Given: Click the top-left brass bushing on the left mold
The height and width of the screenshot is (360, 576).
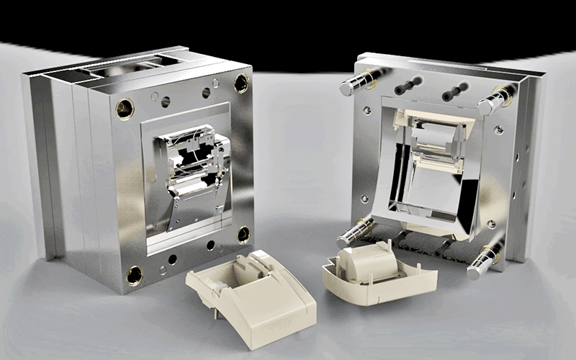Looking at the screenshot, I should coord(125,109).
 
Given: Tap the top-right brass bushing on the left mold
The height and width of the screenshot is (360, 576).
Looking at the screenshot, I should coord(240,84).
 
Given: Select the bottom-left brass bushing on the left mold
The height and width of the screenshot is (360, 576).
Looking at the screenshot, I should coord(135,275).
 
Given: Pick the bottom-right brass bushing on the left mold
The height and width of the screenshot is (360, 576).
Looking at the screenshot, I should coord(243,234).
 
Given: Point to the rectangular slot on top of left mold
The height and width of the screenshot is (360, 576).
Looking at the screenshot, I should coord(115,70).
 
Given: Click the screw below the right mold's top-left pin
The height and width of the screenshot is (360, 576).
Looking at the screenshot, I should coord(367,110).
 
